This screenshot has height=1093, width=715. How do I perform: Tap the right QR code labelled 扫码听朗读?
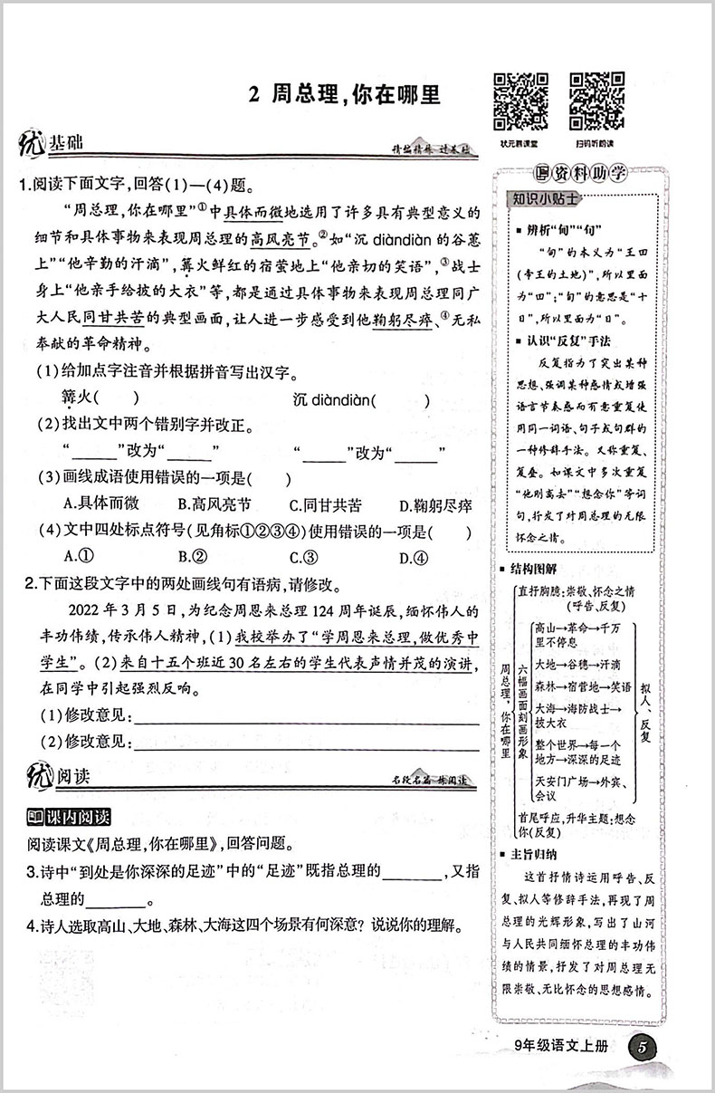(596, 100)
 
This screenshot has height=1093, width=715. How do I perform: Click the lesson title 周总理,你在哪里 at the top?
(343, 95)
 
